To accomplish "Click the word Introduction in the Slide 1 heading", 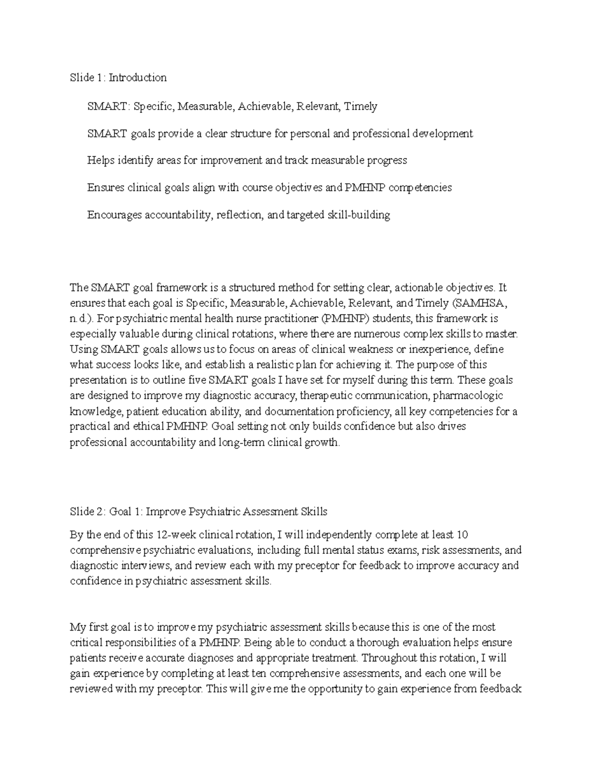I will [138, 77].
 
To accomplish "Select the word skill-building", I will [358, 215].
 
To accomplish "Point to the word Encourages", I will [114, 215].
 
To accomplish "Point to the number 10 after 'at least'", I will [463, 535].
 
